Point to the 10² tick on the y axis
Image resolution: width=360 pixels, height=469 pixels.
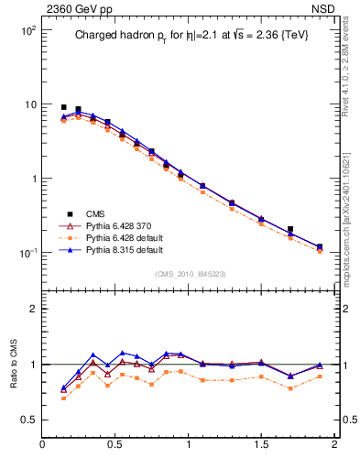coord(27,30)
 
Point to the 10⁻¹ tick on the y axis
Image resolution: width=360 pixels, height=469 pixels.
coord(27,253)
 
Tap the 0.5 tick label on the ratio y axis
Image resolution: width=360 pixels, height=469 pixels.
coord(27,420)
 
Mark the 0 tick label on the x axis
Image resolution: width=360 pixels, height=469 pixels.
coord(42,446)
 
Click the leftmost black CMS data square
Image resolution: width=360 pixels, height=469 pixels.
coord(63,107)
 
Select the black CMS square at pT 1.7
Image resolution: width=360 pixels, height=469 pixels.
coord(290,229)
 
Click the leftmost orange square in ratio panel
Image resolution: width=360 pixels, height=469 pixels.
coord(63,398)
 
